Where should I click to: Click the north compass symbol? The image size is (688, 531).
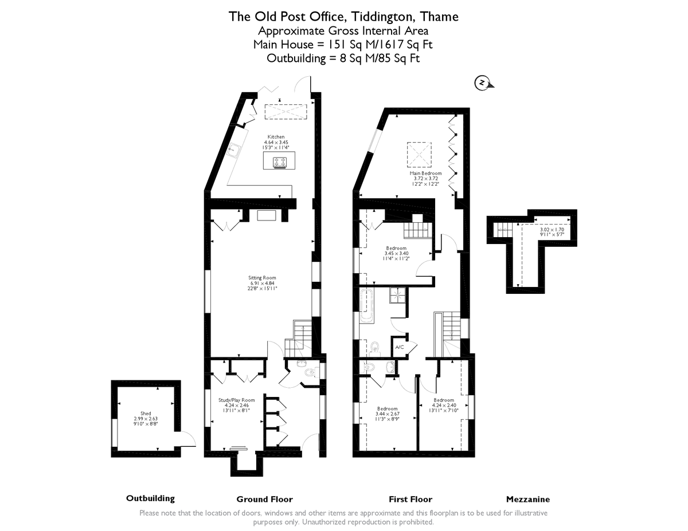(482, 84)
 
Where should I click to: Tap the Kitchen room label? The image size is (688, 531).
(276, 137)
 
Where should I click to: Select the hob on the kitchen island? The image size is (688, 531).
(280, 162)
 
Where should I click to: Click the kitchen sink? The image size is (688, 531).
(235, 151)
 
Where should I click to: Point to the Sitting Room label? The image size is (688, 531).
(262, 278)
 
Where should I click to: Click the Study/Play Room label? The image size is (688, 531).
(236, 400)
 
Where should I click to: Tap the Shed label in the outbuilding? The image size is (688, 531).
(146, 413)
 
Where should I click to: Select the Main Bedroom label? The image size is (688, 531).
(425, 173)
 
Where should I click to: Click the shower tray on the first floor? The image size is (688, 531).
(397, 295)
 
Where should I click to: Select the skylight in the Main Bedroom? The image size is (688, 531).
(418, 152)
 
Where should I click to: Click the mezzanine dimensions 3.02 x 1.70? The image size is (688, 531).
(552, 229)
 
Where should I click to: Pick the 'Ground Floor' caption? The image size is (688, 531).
(264, 499)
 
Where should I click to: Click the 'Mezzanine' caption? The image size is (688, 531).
(527, 499)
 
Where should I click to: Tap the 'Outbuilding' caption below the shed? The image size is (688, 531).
(150, 498)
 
